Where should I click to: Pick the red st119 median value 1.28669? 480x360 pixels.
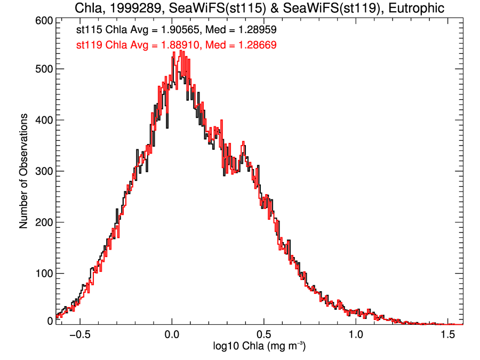click(x=257, y=45)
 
